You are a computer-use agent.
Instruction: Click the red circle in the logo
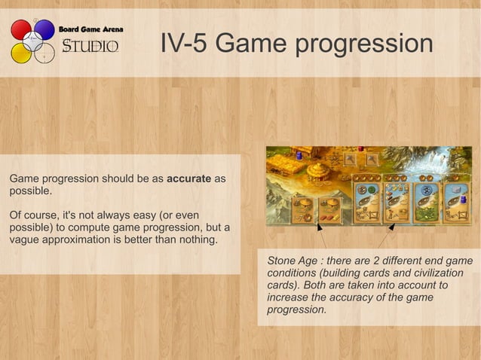[20, 29]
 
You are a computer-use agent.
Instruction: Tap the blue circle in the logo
[44, 29]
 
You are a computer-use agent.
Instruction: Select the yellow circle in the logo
[20, 53]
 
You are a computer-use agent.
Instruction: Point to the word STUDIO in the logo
[90, 47]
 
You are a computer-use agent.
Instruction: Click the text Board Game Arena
[90, 29]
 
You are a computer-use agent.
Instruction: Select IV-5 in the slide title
[184, 44]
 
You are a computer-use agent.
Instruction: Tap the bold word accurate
[188, 179]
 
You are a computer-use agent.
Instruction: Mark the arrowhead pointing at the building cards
[318, 225]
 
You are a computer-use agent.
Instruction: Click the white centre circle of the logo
[32, 41]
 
